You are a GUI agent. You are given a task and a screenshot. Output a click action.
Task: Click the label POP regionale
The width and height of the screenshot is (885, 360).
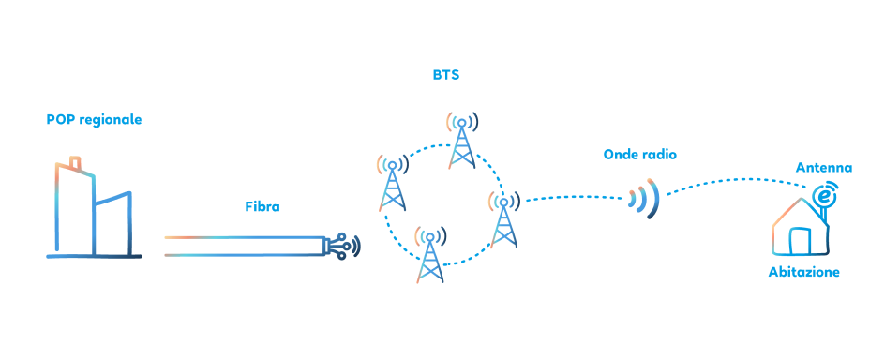coord(94,120)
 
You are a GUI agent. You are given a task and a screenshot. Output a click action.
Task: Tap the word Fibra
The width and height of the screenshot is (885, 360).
coord(262,206)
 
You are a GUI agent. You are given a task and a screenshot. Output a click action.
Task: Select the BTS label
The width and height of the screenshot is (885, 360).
coord(446,75)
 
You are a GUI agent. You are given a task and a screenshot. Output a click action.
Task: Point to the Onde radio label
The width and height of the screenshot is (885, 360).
coord(639,154)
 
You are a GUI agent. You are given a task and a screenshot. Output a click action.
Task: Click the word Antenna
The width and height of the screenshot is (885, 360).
coord(824,168)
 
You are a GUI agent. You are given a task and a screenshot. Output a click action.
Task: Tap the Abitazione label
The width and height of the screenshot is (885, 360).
coord(803,272)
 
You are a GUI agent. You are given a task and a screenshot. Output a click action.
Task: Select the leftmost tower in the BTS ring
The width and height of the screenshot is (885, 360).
coord(393,185)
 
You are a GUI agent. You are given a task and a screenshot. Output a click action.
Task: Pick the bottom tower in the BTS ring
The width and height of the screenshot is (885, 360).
coord(430,257)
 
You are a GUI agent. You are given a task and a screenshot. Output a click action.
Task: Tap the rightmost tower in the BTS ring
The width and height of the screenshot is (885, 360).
coord(503,221)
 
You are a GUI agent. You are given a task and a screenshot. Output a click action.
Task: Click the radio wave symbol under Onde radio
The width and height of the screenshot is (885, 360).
coord(645,199)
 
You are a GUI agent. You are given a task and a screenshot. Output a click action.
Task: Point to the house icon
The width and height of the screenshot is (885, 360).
coord(799,231)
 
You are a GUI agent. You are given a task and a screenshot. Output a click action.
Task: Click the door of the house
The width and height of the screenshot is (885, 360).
coord(800,241)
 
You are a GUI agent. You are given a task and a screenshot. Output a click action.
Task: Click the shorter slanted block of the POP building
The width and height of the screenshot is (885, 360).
coord(112,225)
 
